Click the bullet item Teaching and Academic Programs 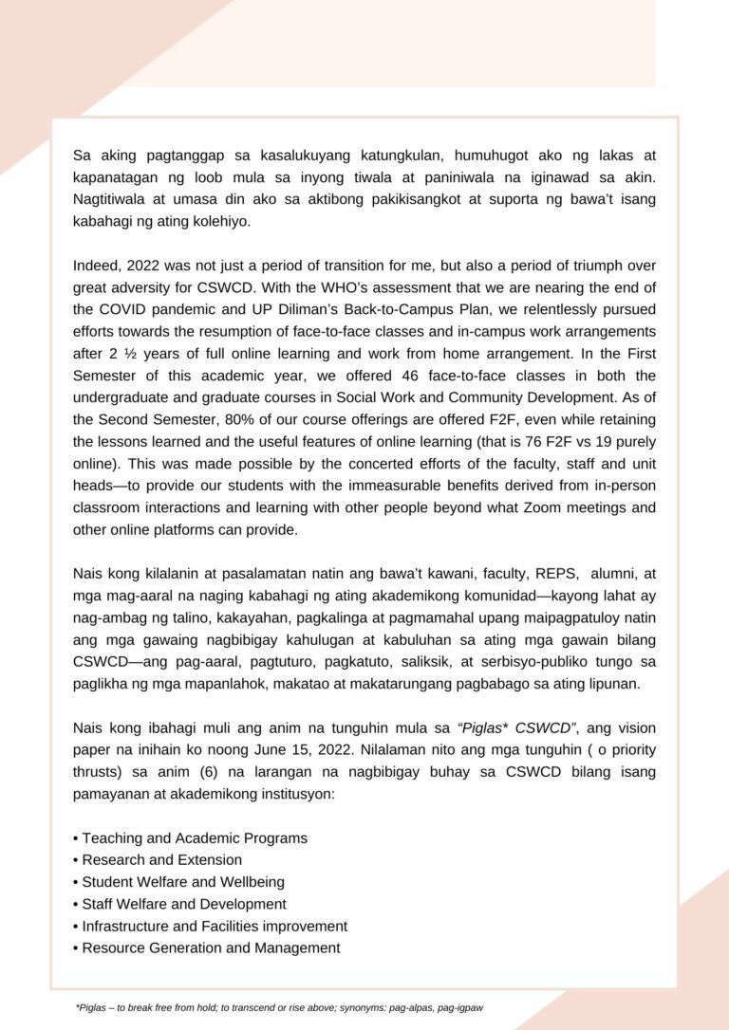tap(194, 838)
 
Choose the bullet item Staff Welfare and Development tap(183, 904)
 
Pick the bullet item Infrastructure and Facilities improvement tap(215, 926)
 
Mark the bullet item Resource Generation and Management tap(211, 947)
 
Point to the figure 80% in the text tap(245, 420)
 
